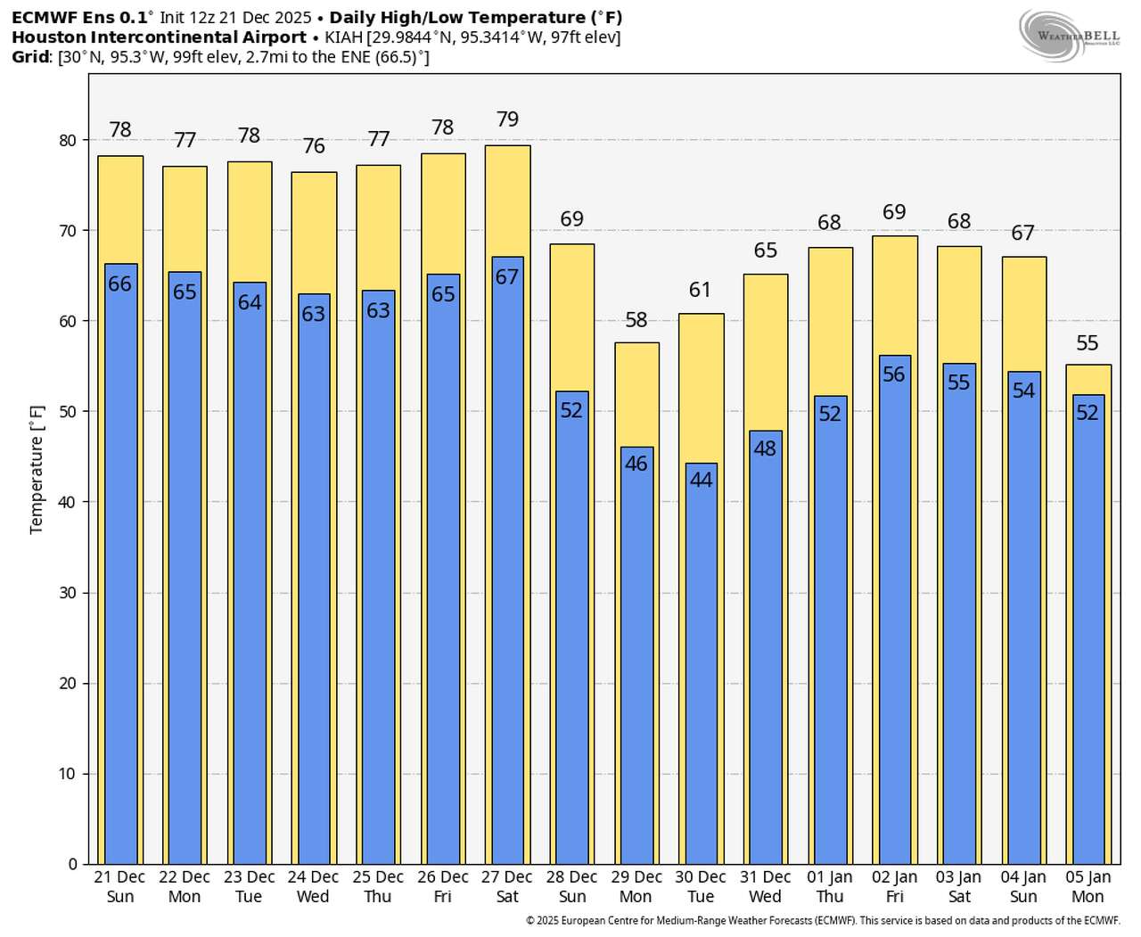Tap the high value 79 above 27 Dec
click(507, 119)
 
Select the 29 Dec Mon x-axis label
click(636, 887)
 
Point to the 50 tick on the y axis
click(68, 412)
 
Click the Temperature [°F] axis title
click(37, 470)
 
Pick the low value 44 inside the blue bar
click(701, 480)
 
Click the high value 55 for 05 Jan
click(1087, 343)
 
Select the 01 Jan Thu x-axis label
click(829, 887)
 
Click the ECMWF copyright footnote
click(822, 921)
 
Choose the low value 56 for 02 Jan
click(894, 374)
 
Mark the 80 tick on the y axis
click(68, 141)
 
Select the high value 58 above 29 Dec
click(636, 320)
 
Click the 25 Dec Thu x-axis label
click(378, 887)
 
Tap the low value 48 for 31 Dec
click(765, 448)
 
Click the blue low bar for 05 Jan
click(1088, 642)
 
